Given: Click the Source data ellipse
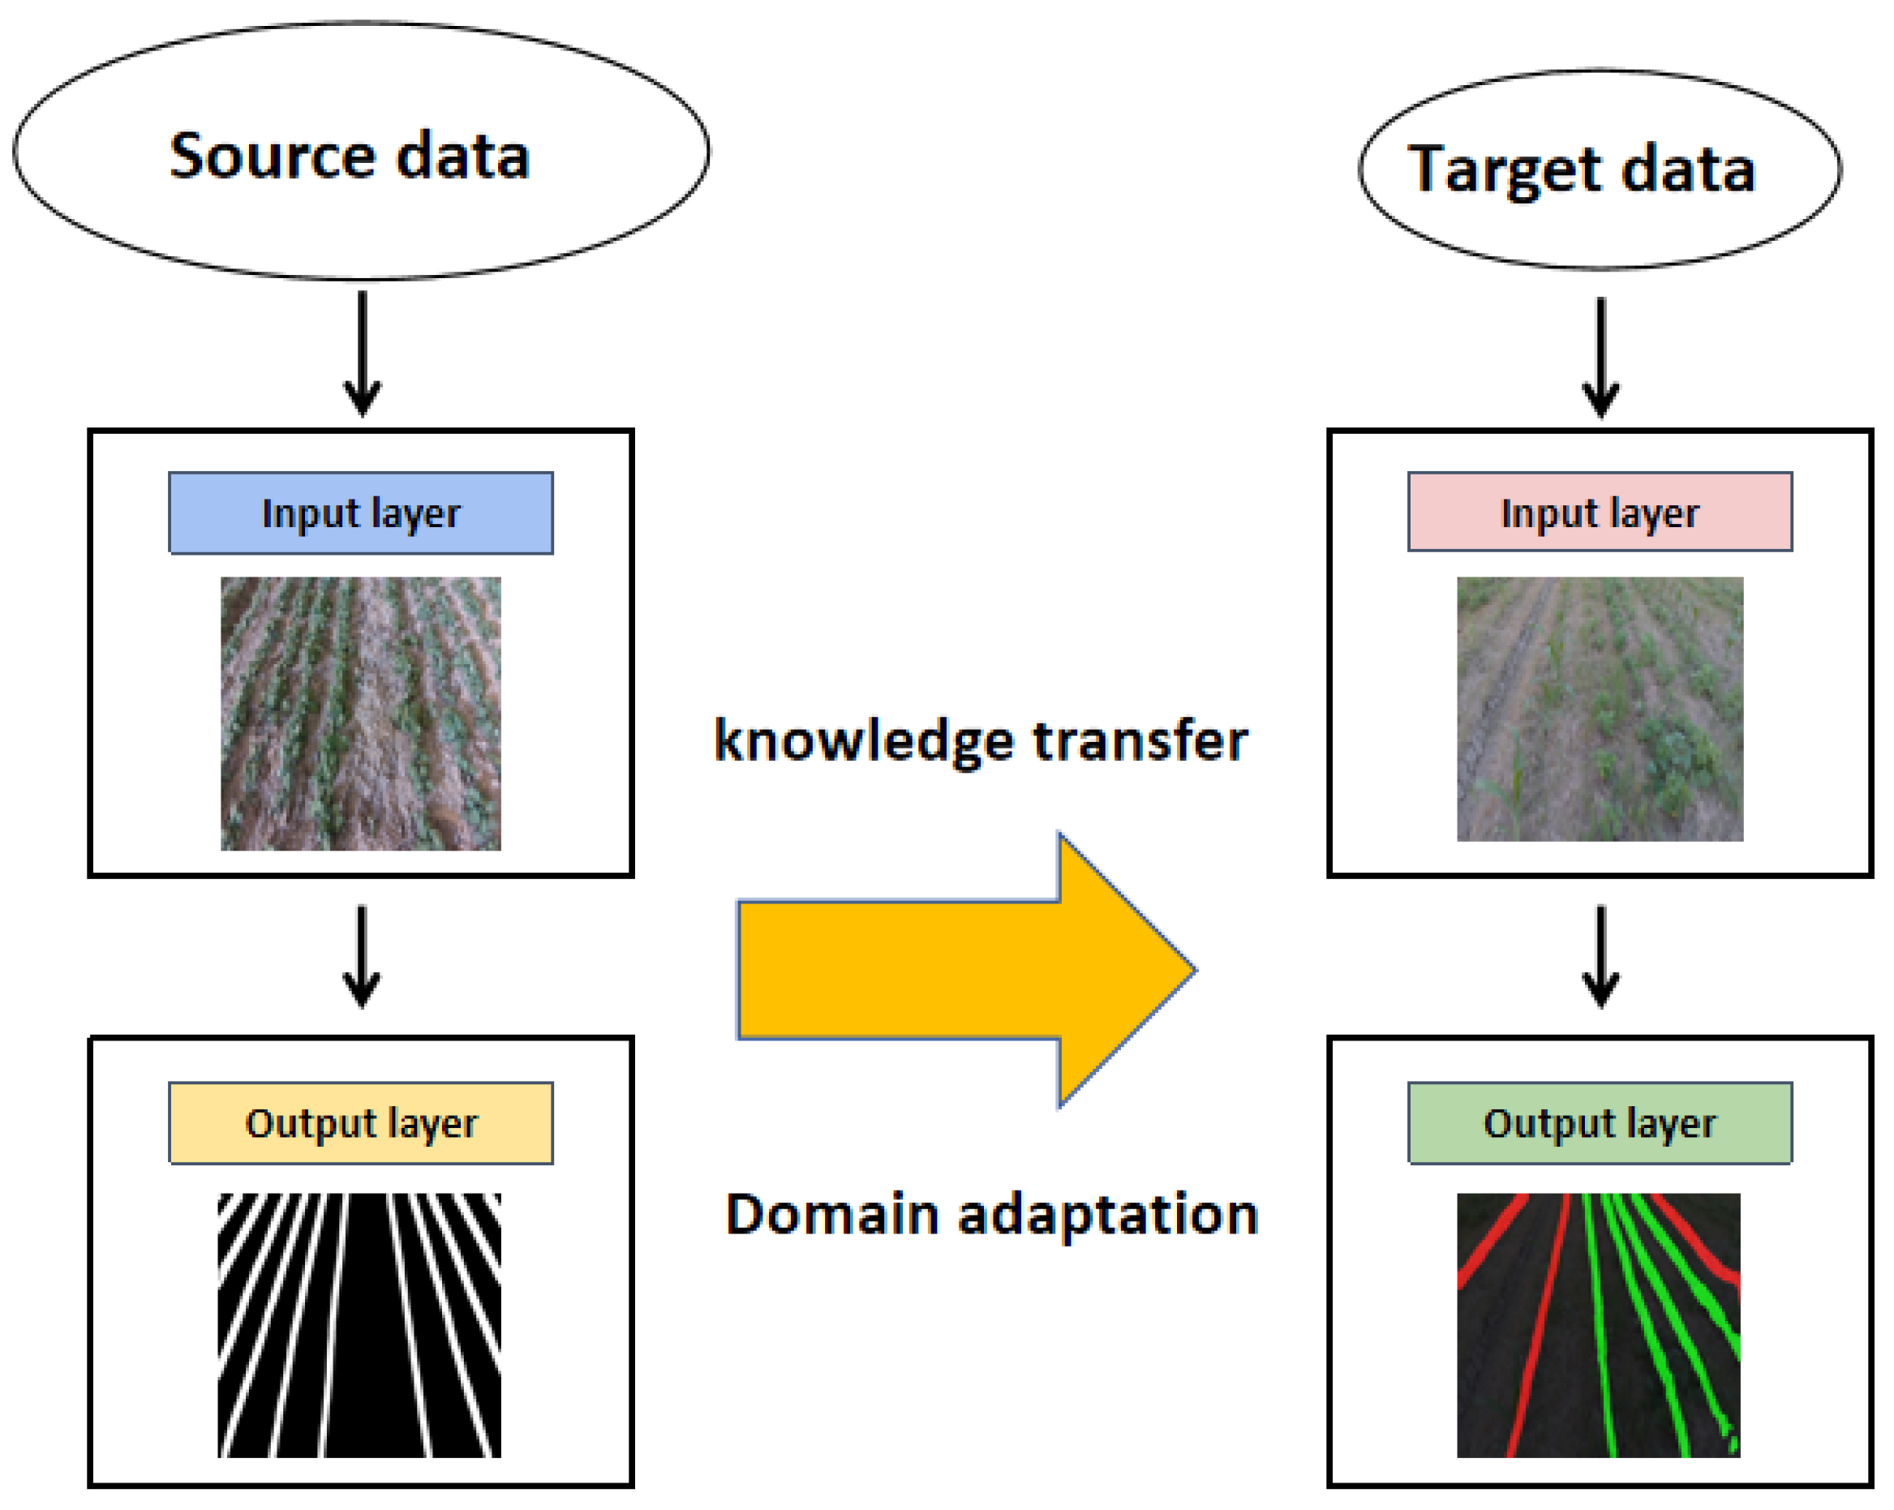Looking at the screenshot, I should [x=361, y=150].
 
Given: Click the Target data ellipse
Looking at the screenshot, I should [x=1599, y=169].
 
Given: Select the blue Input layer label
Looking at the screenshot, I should [x=361, y=513].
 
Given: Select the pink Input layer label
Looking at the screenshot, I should [x=1600, y=512].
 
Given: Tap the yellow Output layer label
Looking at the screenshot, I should [x=361, y=1122].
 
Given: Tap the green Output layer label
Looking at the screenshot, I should [x=1600, y=1122].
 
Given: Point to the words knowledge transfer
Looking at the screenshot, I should [x=981, y=740].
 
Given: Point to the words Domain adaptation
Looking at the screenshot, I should [x=992, y=1215].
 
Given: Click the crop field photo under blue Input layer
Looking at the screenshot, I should [x=361, y=714].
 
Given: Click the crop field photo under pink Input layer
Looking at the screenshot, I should [x=1600, y=708].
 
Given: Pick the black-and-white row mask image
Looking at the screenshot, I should [x=359, y=1324].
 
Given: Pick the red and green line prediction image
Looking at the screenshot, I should [x=1598, y=1324].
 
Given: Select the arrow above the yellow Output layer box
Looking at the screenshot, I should [x=362, y=957].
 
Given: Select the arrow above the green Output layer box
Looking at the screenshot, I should [x=1600, y=957].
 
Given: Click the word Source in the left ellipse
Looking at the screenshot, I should [x=273, y=157].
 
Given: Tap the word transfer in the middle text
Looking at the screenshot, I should [x=1140, y=740].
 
